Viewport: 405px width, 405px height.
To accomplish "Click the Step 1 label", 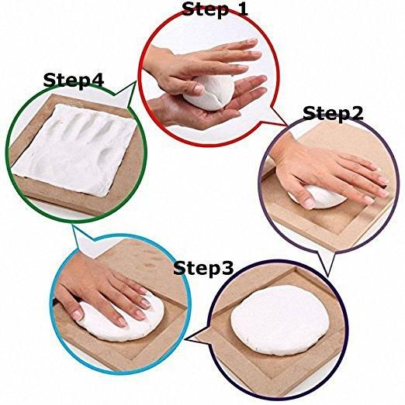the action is point(215,9).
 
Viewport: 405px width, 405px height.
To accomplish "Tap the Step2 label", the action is point(333,113).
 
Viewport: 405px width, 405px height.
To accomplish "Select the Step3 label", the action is point(203,268).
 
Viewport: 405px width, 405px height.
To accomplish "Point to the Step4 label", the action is point(74,80).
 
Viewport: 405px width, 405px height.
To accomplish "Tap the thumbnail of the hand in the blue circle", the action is point(78,314).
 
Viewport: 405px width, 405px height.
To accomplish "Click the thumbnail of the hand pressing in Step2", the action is point(309,204).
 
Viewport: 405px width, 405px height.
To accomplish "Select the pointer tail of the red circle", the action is point(279,116).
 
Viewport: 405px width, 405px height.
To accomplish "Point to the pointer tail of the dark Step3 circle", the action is point(198,336).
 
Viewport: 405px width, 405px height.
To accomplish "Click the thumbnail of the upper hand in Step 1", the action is point(199,89).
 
